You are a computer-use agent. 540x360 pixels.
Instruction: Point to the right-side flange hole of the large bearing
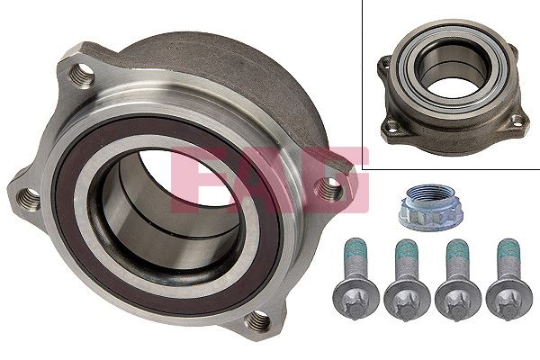(331, 188)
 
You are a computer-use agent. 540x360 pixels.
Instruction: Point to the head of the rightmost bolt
(508, 296)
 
